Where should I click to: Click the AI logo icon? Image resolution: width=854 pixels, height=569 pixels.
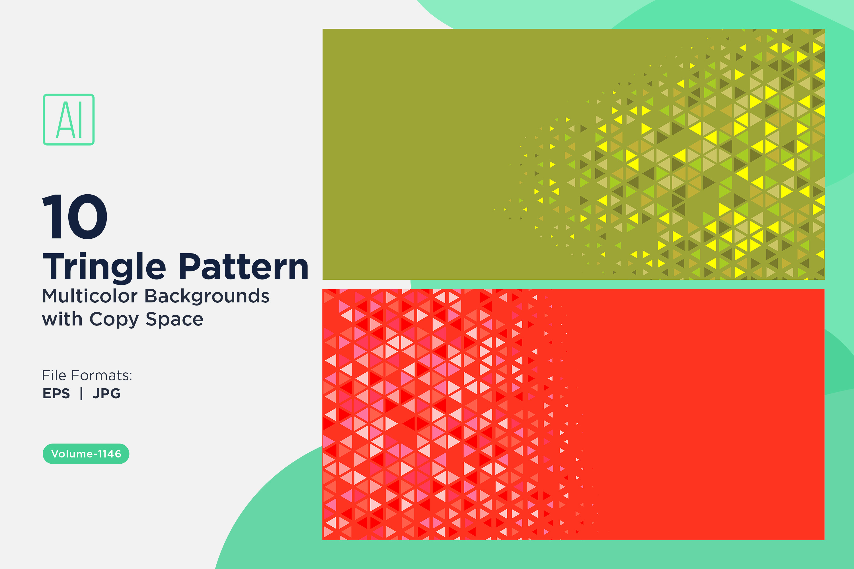69,119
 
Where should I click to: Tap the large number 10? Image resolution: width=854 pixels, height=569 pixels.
75,217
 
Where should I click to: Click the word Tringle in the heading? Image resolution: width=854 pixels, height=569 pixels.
104,268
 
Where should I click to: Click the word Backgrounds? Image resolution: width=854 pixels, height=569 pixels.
207,296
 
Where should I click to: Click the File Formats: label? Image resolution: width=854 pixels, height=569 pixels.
87,375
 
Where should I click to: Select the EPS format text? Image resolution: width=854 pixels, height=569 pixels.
56,393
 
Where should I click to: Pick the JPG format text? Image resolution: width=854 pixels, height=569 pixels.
106,393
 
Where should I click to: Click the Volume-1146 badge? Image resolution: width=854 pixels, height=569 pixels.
86,453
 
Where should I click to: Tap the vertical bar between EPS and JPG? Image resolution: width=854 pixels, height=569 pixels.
81,393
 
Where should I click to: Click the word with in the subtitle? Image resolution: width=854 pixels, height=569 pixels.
62,319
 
